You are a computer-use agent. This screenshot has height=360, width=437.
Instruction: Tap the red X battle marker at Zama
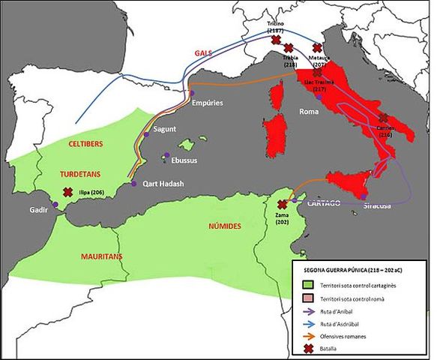[x=282, y=204]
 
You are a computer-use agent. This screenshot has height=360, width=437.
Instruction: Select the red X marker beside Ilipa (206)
[x=68, y=192]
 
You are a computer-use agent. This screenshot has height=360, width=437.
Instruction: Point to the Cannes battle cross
[x=384, y=118]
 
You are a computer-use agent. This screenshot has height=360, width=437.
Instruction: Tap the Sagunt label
[x=164, y=129]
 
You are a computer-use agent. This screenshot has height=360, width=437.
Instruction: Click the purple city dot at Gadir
[x=55, y=205]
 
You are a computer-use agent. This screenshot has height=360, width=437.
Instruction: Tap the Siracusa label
[x=376, y=205]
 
